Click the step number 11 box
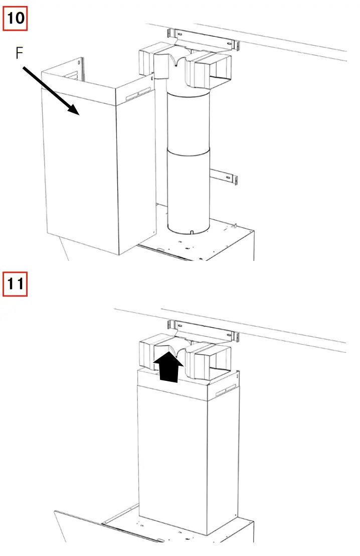pyautogui.click(x=16, y=284)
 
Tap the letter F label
pyautogui.click(x=19, y=53)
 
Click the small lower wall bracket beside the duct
pyautogui.click(x=224, y=176)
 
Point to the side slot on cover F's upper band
pyautogui.click(x=137, y=94)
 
